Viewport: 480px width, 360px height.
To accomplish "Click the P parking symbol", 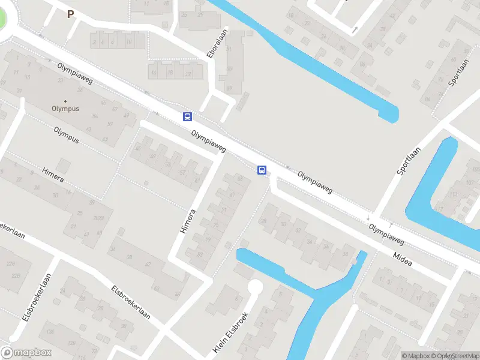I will pos(70,14).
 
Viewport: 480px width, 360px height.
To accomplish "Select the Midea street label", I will pos(403,257).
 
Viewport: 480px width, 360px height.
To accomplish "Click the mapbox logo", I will pos(26,353).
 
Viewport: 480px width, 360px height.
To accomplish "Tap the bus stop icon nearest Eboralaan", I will pos(188,116).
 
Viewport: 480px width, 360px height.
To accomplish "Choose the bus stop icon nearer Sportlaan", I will pos(262,170).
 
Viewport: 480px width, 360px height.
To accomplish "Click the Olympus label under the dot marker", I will pos(65,109).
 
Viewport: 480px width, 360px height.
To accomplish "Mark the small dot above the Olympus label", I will pos(65,101).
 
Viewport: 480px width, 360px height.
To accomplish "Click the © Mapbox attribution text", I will pos(416,356).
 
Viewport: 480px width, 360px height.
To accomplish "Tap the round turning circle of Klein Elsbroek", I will pos(256,287).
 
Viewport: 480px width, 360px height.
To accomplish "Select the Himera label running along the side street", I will pos(188,221).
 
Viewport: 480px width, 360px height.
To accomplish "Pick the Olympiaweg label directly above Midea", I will pos(386,235).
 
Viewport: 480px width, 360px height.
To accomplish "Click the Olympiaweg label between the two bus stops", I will pos(209,141).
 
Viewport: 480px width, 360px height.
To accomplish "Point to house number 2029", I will pos(99,218).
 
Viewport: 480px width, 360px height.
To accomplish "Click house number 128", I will pos(73,343).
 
